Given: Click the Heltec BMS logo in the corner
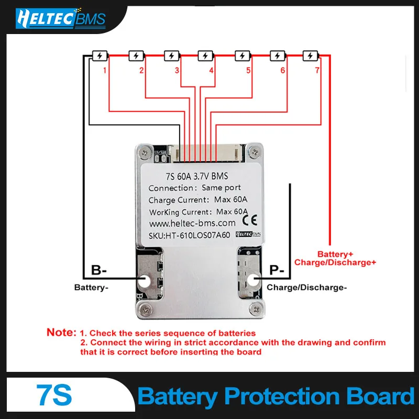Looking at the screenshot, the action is (x=61, y=18).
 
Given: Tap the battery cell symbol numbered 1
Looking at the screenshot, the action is (x=100, y=56).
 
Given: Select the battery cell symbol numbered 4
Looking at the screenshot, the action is (x=205, y=56).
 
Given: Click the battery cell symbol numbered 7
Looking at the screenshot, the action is (x=311, y=56).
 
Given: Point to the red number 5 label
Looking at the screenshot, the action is (x=248, y=70).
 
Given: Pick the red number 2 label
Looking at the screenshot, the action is (x=141, y=70).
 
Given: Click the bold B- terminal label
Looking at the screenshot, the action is (x=99, y=270).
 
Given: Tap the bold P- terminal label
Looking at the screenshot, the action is (x=277, y=270).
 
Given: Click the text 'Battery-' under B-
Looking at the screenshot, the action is (x=91, y=288).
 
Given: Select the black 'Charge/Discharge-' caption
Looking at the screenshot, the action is (x=307, y=288).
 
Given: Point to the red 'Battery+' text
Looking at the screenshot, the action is (x=335, y=254).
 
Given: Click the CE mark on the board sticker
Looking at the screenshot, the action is (x=250, y=220).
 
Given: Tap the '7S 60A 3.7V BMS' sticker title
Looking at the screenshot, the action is (x=197, y=177).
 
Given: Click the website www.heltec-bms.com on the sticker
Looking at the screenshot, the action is (x=192, y=223).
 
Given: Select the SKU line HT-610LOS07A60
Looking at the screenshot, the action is (x=189, y=235).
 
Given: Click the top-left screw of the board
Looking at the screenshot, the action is (x=145, y=153).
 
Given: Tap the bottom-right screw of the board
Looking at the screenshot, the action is (x=256, y=309).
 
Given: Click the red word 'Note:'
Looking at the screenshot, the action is (x=61, y=332).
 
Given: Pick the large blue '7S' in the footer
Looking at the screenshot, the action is (x=54, y=395).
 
